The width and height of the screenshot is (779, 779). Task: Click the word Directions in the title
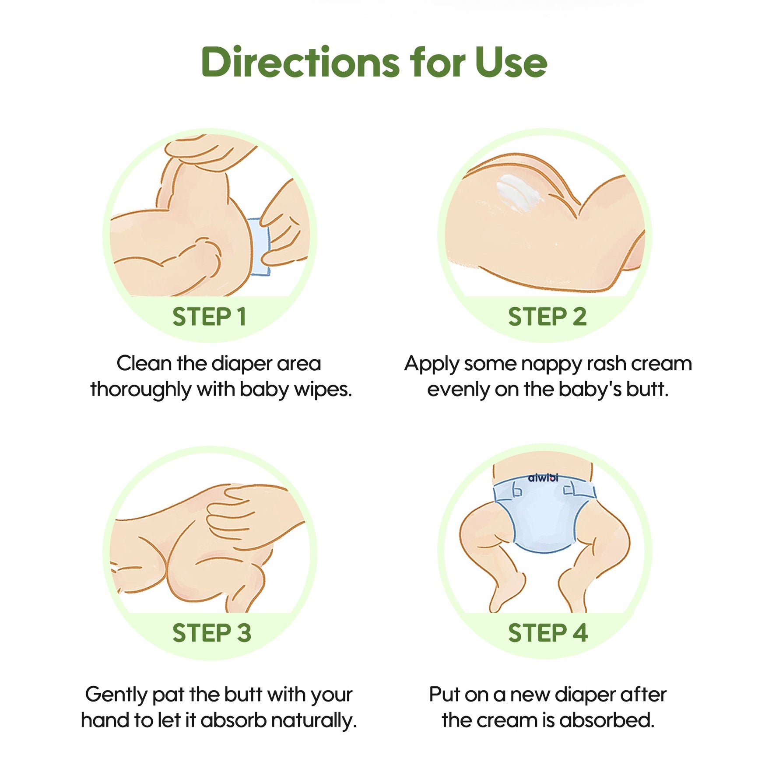coord(301,62)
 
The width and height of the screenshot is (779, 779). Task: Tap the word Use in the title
coord(511,62)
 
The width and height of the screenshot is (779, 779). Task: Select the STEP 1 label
coord(209,316)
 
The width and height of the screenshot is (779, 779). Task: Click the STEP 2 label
coord(547,316)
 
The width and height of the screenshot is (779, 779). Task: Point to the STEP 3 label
coord(212,633)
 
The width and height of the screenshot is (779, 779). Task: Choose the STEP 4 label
coord(547,633)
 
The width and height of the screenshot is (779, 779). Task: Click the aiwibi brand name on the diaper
coord(543,478)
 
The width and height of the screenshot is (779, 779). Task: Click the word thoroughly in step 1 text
coord(141,389)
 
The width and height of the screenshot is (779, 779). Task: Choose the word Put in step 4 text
coord(444,695)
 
